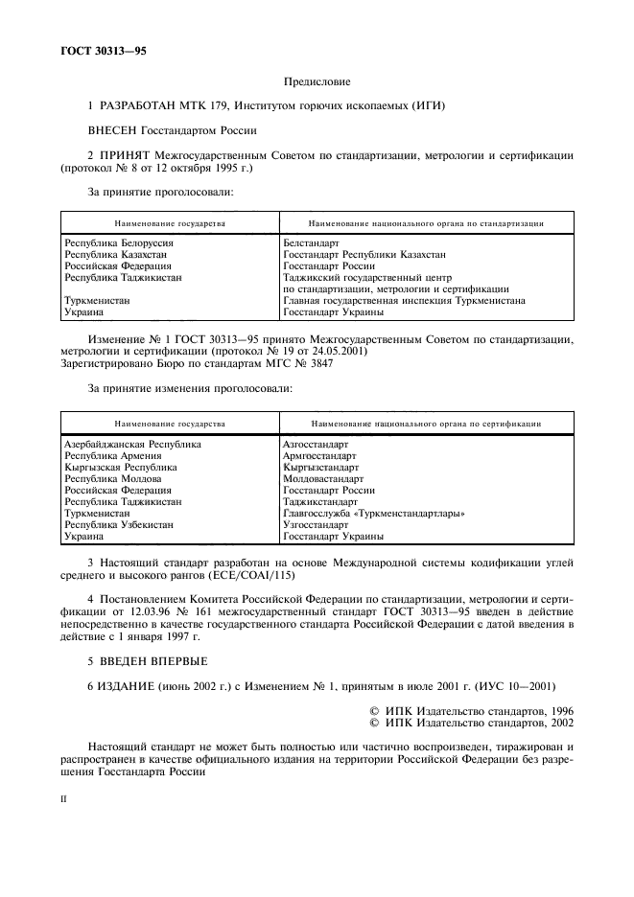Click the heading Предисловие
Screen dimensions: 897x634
point(317,83)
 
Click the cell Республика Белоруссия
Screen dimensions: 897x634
point(125,243)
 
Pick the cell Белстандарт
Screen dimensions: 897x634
point(312,243)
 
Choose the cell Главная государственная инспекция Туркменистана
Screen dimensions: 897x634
point(404,300)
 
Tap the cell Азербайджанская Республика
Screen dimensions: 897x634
point(132,445)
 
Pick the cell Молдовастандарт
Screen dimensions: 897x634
point(323,479)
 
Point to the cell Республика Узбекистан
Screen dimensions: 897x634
point(119,525)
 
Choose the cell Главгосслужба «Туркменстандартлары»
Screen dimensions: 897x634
point(374,514)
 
